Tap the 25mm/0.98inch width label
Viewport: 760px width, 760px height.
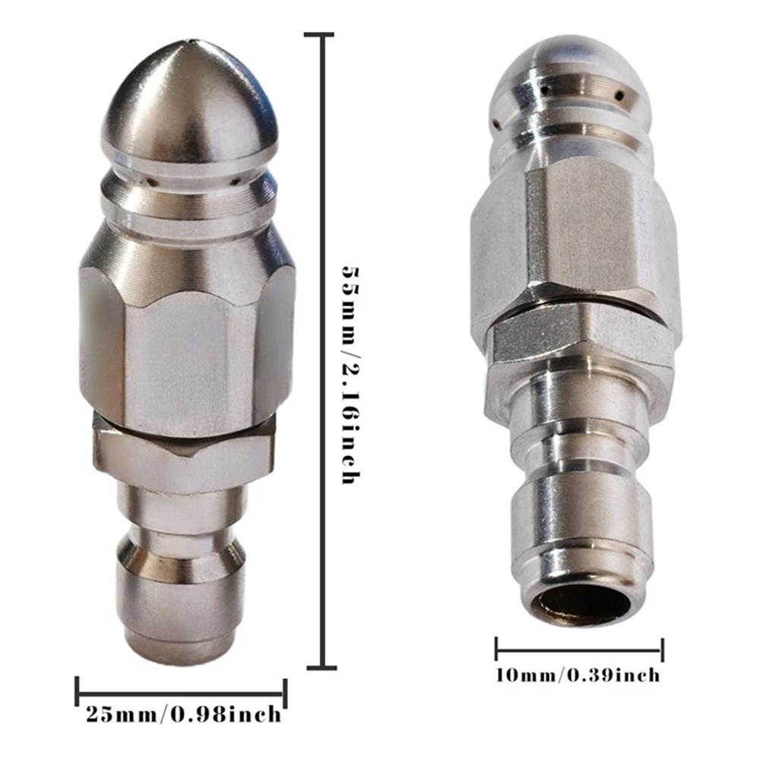[182, 715]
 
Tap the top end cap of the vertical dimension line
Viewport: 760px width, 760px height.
[319, 35]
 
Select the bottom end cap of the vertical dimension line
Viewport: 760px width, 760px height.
[321, 667]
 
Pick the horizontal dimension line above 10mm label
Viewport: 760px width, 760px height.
[579, 651]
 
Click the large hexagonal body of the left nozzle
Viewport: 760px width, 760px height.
[186, 334]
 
